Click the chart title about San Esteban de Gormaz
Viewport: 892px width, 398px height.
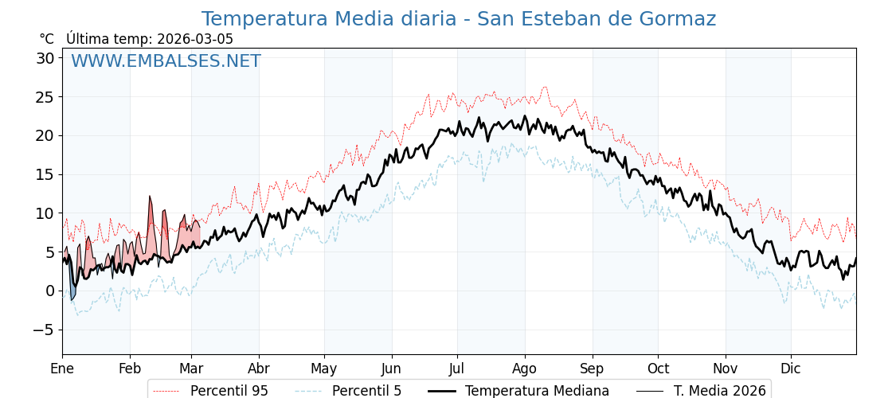pyautogui.click(x=458, y=19)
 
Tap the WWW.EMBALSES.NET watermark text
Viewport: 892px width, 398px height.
pyautogui.click(x=166, y=61)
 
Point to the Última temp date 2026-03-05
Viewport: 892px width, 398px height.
pyautogui.click(x=195, y=39)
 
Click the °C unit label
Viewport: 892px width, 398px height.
pyautogui.click(x=47, y=39)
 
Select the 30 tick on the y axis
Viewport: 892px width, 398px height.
pyautogui.click(x=45, y=58)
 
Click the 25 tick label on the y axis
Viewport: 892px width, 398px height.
pyautogui.click(x=45, y=97)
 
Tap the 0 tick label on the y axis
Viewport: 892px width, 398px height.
pyautogui.click(x=49, y=291)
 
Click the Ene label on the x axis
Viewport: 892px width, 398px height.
pyautogui.click(x=62, y=369)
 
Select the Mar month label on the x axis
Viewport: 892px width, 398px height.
pyautogui.click(x=191, y=369)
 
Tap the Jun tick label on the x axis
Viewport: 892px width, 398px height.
pyautogui.click(x=391, y=369)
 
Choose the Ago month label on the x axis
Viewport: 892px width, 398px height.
pyautogui.click(x=525, y=369)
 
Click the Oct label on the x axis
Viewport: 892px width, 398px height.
pyautogui.click(x=658, y=369)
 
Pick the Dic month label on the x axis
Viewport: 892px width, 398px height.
pyautogui.click(x=791, y=369)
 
